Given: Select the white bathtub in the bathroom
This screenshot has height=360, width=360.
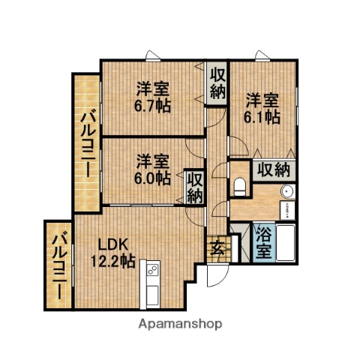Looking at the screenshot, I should (285, 241).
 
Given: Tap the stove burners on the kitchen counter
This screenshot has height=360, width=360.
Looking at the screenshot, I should (152, 268).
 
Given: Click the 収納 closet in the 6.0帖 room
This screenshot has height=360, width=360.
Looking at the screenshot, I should (194, 187).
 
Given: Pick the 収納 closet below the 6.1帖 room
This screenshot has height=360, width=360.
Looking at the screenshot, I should (273, 169).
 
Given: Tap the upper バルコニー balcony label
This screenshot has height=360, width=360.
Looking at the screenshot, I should (87, 142).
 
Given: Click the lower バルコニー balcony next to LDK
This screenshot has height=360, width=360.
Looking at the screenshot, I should (58, 265).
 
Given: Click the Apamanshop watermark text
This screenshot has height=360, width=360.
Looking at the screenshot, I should (180, 325).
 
